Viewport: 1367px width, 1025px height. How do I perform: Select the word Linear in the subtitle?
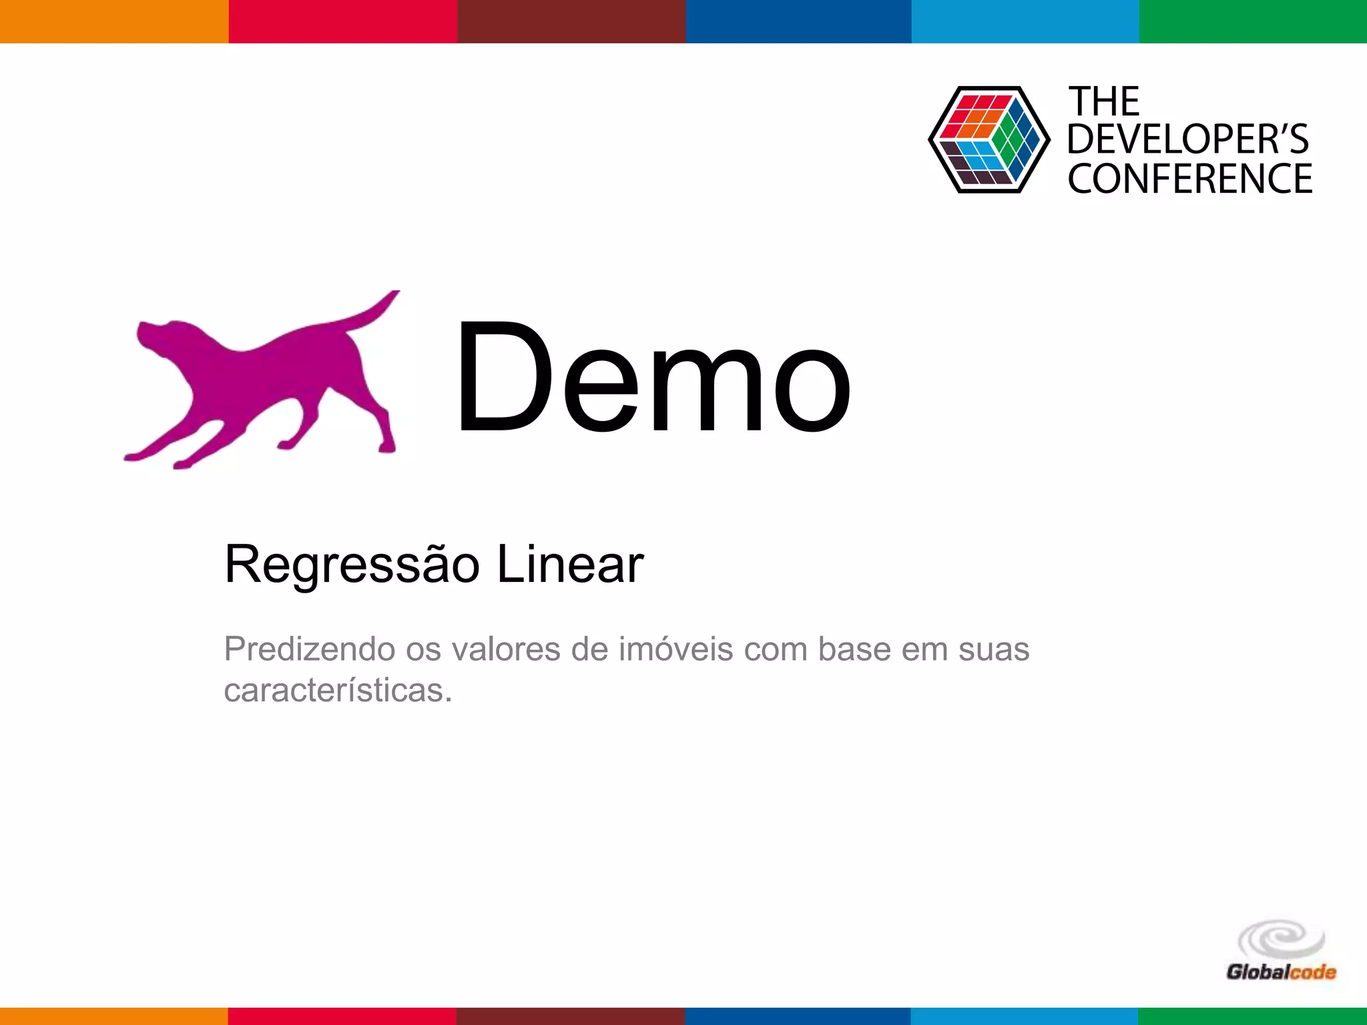[x=570, y=565]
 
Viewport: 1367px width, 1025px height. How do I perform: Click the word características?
[x=338, y=690]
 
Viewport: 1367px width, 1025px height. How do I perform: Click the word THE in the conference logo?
[x=1104, y=102]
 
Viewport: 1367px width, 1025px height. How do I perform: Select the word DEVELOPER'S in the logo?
[x=1188, y=139]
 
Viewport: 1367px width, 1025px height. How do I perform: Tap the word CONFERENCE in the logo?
[x=1189, y=178]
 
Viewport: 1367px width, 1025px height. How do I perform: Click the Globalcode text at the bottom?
[x=1281, y=972]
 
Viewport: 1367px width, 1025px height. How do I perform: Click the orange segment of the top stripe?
[x=114, y=21]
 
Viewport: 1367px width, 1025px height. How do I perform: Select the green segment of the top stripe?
[x=1253, y=21]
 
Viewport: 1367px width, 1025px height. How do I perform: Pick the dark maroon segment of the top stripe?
[x=571, y=21]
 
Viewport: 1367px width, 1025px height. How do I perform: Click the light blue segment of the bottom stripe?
[x=1025, y=1016]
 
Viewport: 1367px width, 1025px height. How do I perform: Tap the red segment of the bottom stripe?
[x=342, y=1016]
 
